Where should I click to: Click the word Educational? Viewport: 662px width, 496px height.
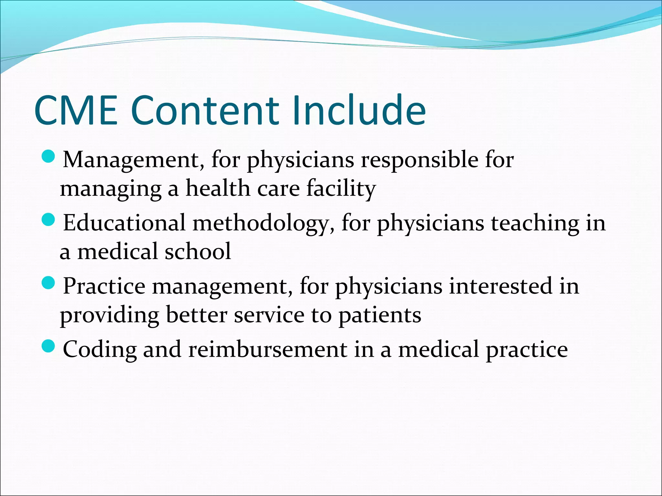124,223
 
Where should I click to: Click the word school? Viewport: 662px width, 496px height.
198,251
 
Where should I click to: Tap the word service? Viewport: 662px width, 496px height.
269,315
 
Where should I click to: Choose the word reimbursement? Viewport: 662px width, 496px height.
268,349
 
